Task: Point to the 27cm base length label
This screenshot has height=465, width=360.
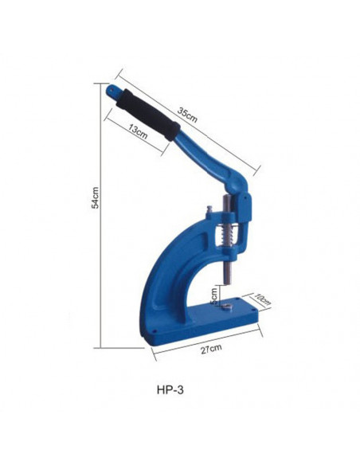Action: (x=209, y=348)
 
